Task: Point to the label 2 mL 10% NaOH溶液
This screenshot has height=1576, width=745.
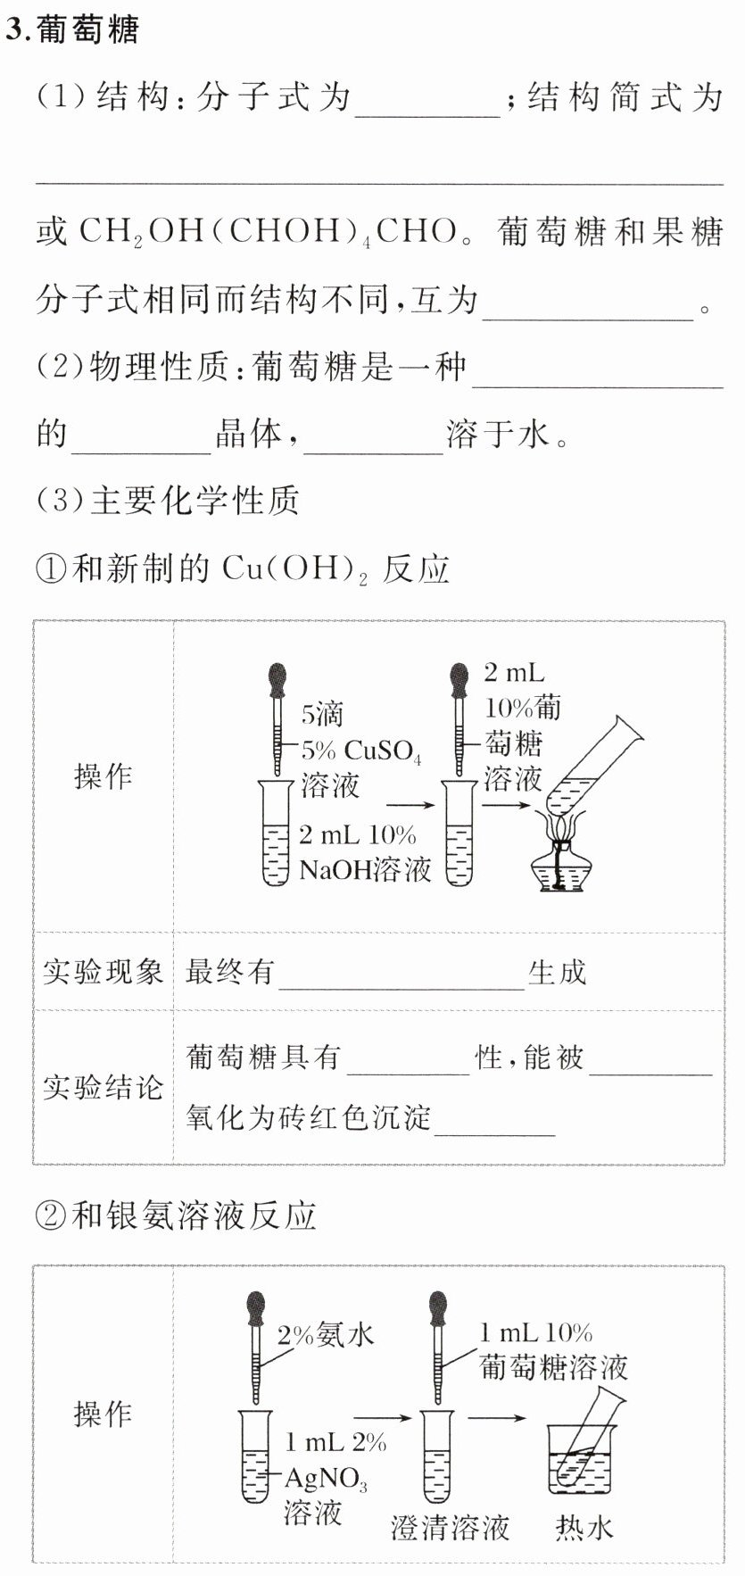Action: pos(364,851)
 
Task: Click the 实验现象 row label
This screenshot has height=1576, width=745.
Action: pos(103,972)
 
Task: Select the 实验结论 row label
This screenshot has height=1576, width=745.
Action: pos(103,1087)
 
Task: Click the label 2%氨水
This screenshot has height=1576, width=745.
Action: pos(325,1335)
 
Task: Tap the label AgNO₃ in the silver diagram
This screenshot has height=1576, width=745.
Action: pos(326,1479)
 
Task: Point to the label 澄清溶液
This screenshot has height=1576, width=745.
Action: pos(450,1528)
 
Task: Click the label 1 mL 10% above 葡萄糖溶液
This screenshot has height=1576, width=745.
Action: pos(535,1333)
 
